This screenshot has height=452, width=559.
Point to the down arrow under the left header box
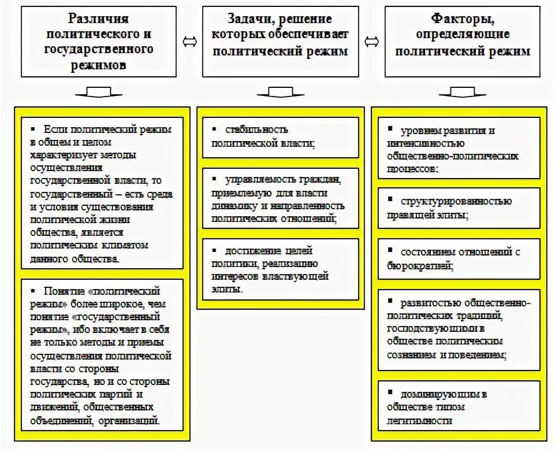point(99,92)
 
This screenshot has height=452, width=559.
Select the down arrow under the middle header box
point(281,92)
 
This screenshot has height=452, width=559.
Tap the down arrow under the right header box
point(462,92)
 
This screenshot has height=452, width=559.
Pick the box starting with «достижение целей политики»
point(281,269)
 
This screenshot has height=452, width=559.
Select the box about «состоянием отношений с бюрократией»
point(459,258)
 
